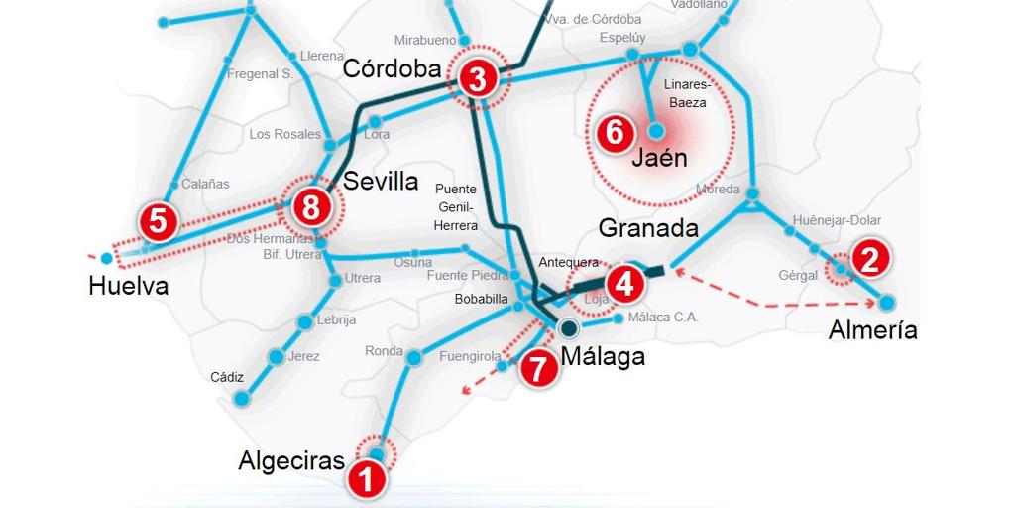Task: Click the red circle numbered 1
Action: click(x=366, y=480)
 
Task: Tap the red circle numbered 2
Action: click(x=869, y=259)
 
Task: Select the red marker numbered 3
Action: click(x=478, y=79)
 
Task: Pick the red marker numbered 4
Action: click(x=623, y=284)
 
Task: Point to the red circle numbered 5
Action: click(x=158, y=220)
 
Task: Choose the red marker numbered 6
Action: click(x=614, y=132)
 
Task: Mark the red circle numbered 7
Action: click(x=538, y=369)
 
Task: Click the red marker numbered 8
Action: click(x=311, y=208)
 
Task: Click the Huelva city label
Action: click(x=128, y=287)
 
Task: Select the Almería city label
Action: click(x=872, y=330)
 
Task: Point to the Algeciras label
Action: click(x=291, y=461)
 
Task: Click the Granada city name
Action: click(x=648, y=228)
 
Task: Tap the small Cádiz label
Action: click(x=227, y=377)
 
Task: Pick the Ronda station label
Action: click(x=384, y=351)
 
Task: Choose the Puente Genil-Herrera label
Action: click(x=456, y=207)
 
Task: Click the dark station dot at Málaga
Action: click(x=568, y=328)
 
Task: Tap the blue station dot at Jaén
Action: click(x=656, y=130)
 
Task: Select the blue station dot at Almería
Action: click(x=886, y=302)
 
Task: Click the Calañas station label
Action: click(x=205, y=184)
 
